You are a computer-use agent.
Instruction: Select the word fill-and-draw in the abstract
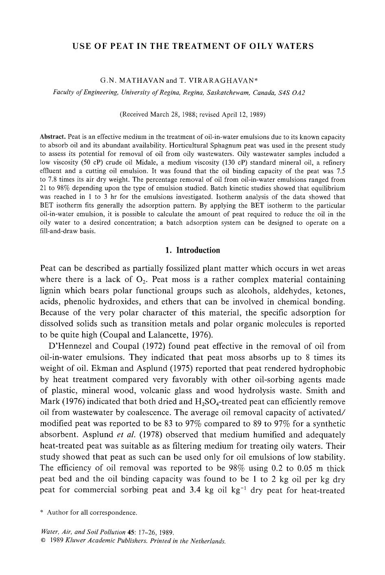[62, 231]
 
